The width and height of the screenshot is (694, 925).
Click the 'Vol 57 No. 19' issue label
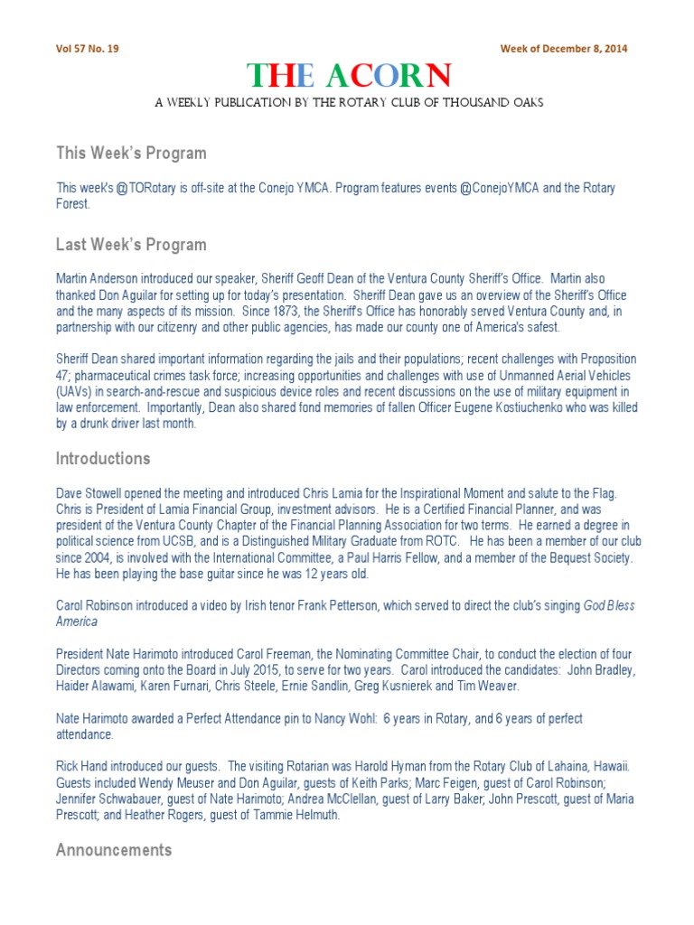(x=88, y=49)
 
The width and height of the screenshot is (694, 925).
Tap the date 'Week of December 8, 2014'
(x=564, y=49)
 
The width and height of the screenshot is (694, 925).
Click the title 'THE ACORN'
(x=348, y=76)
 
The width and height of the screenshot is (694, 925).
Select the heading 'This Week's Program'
(x=131, y=153)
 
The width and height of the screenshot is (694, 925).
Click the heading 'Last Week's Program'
(x=131, y=245)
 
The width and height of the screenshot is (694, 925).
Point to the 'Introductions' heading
(x=103, y=458)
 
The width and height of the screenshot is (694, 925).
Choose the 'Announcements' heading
(x=114, y=850)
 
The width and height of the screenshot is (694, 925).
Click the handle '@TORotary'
(x=143, y=188)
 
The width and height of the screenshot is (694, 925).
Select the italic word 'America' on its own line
(x=77, y=621)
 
